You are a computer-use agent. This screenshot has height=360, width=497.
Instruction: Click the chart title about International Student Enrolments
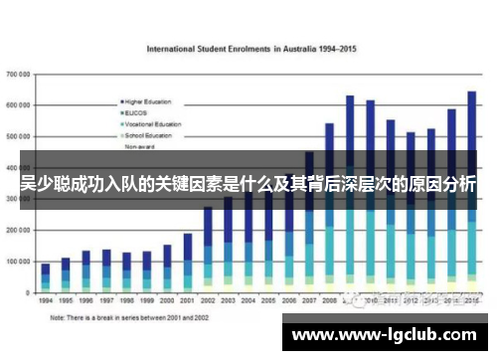(x=252, y=48)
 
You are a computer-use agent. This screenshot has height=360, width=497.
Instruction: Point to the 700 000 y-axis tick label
(x=18, y=74)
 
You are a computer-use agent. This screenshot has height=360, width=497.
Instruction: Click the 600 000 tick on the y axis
(x=18, y=104)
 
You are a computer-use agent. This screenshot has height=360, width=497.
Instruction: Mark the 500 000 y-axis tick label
(x=18, y=135)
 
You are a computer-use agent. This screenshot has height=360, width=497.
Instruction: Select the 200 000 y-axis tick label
(x=18, y=230)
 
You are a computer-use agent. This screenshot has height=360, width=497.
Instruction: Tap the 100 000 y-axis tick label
(x=18, y=262)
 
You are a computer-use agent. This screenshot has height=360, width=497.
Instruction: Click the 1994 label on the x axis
(x=46, y=299)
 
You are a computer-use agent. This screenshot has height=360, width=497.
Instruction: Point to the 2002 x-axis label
(x=209, y=299)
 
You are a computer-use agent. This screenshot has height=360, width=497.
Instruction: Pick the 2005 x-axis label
(x=269, y=299)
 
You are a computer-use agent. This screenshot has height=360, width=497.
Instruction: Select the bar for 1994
(x=46, y=277)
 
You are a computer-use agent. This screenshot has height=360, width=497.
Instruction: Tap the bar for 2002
(x=209, y=249)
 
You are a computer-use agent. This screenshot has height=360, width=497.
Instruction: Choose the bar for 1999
(x=147, y=271)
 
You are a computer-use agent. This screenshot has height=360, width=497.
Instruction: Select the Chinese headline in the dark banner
(x=248, y=184)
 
